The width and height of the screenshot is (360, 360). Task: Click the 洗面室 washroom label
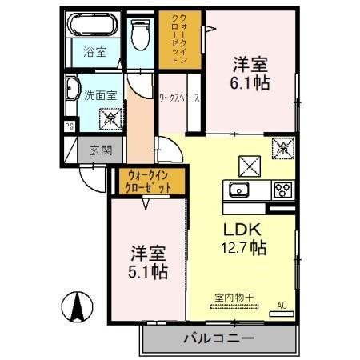click(x=100, y=95)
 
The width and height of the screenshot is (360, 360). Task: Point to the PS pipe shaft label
click(x=69, y=126)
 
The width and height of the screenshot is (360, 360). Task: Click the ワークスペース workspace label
click(x=179, y=98)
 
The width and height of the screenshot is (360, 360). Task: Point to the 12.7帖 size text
click(x=245, y=247)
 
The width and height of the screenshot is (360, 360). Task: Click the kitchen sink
click(x=238, y=190)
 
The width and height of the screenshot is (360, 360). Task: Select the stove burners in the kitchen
click(x=282, y=190)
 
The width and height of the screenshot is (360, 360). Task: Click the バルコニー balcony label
click(x=219, y=338)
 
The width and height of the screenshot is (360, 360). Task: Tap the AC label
click(x=281, y=305)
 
